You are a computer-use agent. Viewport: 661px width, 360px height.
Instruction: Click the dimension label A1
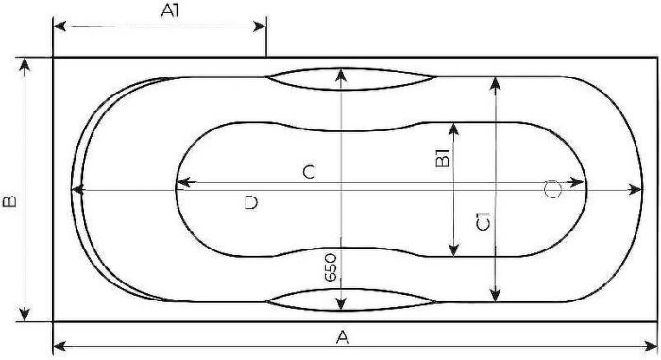click(x=170, y=10)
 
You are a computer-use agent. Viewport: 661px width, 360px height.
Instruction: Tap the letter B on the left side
click(x=9, y=200)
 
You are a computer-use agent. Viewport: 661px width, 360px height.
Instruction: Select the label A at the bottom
click(x=343, y=337)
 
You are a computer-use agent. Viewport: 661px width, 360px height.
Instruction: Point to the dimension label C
click(x=309, y=172)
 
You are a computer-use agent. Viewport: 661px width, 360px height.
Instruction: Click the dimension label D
click(x=250, y=203)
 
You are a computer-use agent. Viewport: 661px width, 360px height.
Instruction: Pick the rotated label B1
click(x=442, y=158)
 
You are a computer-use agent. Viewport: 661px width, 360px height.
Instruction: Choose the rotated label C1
click(x=483, y=221)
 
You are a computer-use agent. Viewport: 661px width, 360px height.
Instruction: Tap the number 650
click(x=330, y=267)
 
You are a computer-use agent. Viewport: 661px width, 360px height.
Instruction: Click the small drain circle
click(x=552, y=190)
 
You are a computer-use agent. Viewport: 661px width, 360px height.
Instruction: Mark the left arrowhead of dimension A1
click(x=59, y=26)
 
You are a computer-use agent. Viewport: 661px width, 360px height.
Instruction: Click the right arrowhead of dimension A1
click(x=260, y=26)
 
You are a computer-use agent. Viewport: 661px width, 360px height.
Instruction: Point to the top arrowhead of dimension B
click(x=25, y=65)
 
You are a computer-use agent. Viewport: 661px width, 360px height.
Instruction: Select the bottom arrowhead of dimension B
click(x=25, y=314)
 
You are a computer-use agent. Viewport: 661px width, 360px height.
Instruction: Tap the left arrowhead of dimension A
click(x=59, y=347)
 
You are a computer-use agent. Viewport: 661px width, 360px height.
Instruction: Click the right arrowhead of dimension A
click(x=651, y=347)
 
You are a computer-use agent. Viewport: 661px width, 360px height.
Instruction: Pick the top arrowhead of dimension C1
click(x=496, y=84)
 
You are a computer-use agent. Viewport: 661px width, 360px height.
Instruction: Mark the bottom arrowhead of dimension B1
click(x=453, y=249)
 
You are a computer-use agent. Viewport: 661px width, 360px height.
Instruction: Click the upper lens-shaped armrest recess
click(x=351, y=79)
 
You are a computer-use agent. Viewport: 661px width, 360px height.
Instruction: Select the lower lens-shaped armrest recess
click(x=351, y=300)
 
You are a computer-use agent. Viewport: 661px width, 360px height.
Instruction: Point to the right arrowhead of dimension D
click(x=635, y=190)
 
